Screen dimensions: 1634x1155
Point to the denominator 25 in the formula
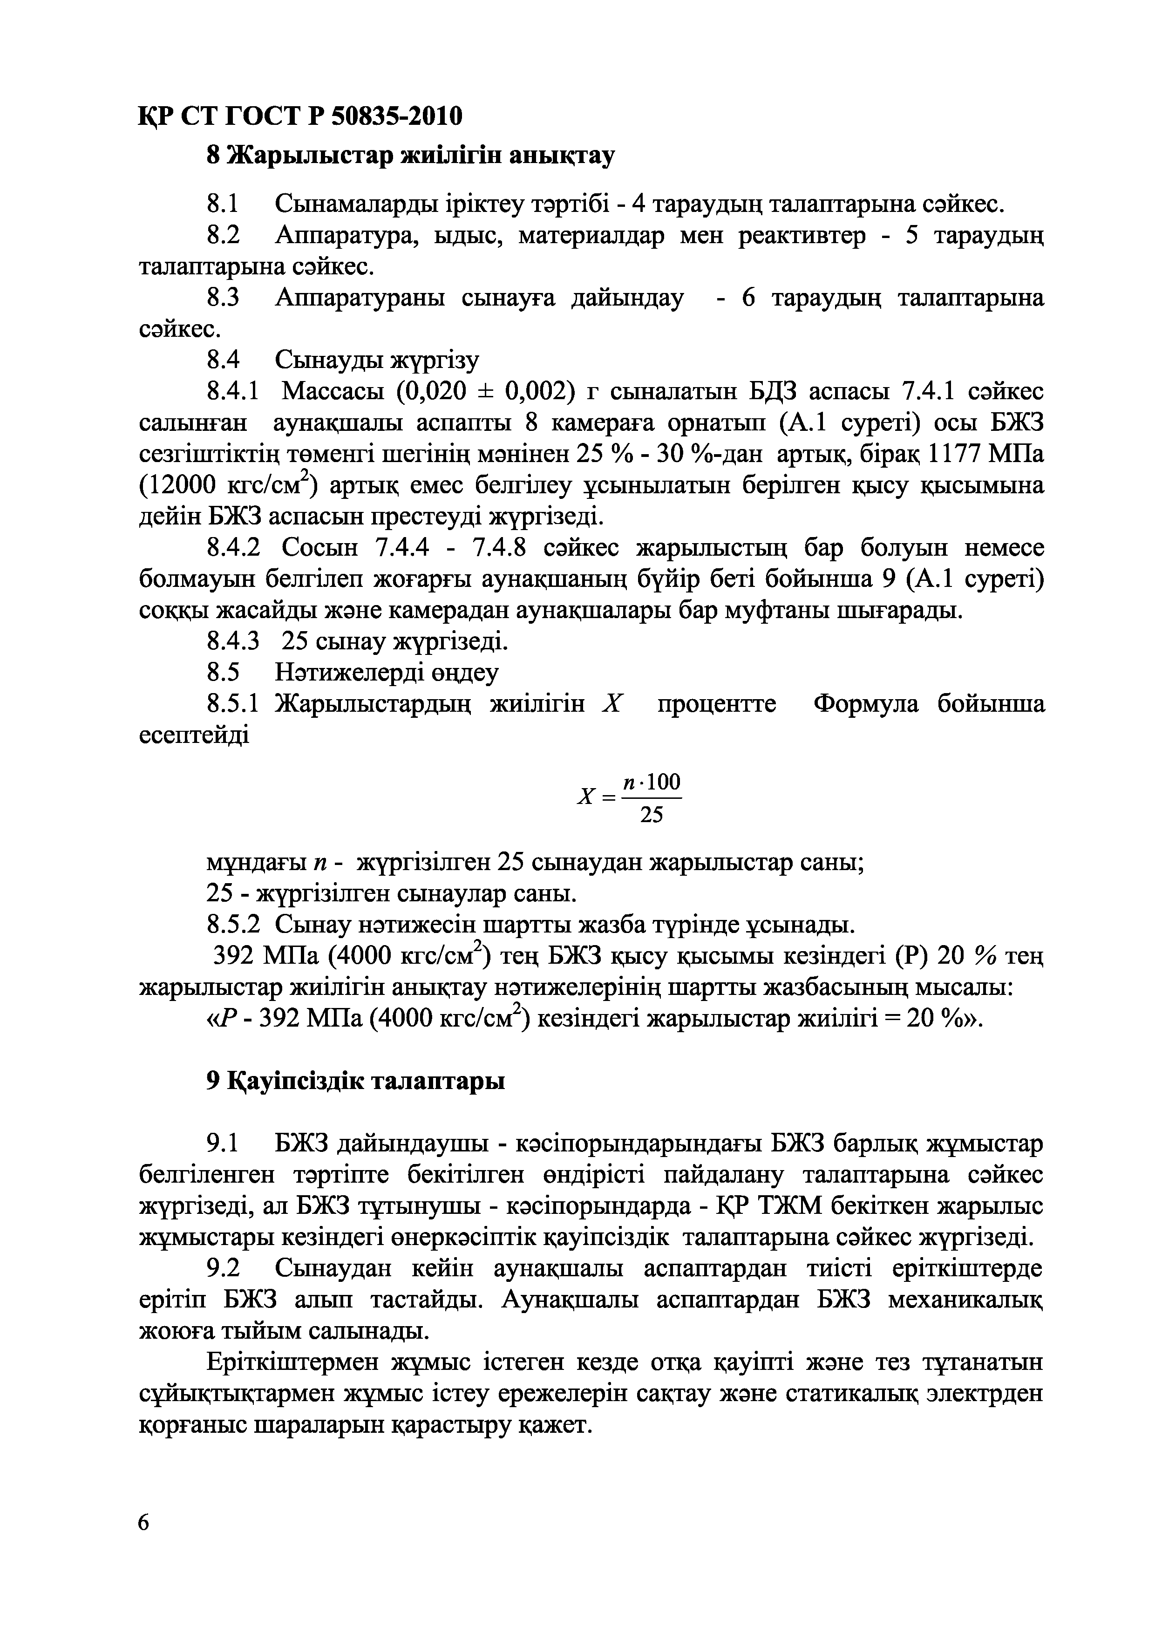click(x=651, y=815)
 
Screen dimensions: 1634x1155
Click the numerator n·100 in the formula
click(x=651, y=782)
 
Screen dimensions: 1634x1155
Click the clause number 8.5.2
click(x=233, y=925)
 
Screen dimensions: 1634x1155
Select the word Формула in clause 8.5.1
click(x=865, y=705)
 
